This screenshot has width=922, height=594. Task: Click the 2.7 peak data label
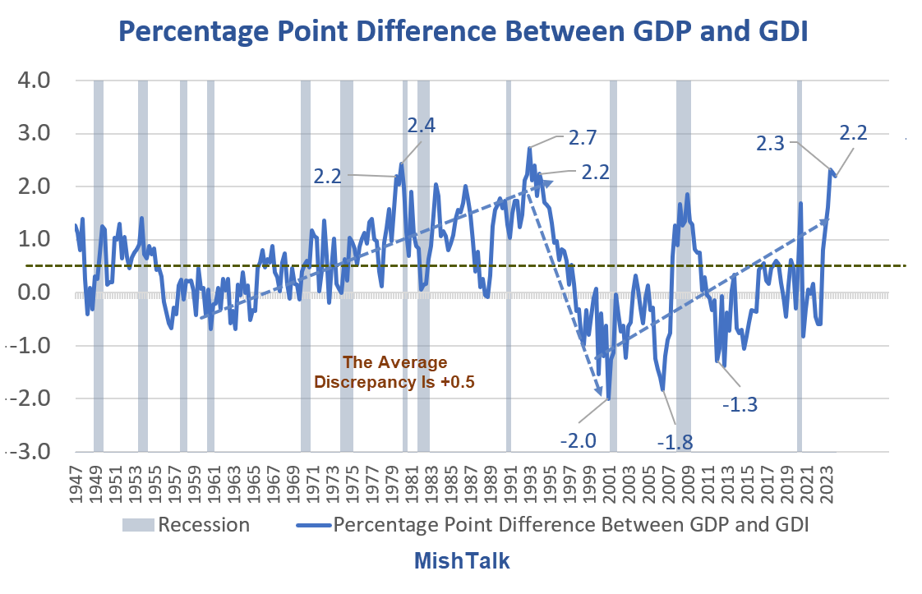click(583, 136)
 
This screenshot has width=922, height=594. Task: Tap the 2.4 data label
click(422, 126)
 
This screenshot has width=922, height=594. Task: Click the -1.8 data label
click(675, 443)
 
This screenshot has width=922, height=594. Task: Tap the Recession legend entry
click(187, 524)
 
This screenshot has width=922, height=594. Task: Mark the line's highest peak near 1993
click(530, 149)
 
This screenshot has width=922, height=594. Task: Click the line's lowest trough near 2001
click(609, 399)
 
